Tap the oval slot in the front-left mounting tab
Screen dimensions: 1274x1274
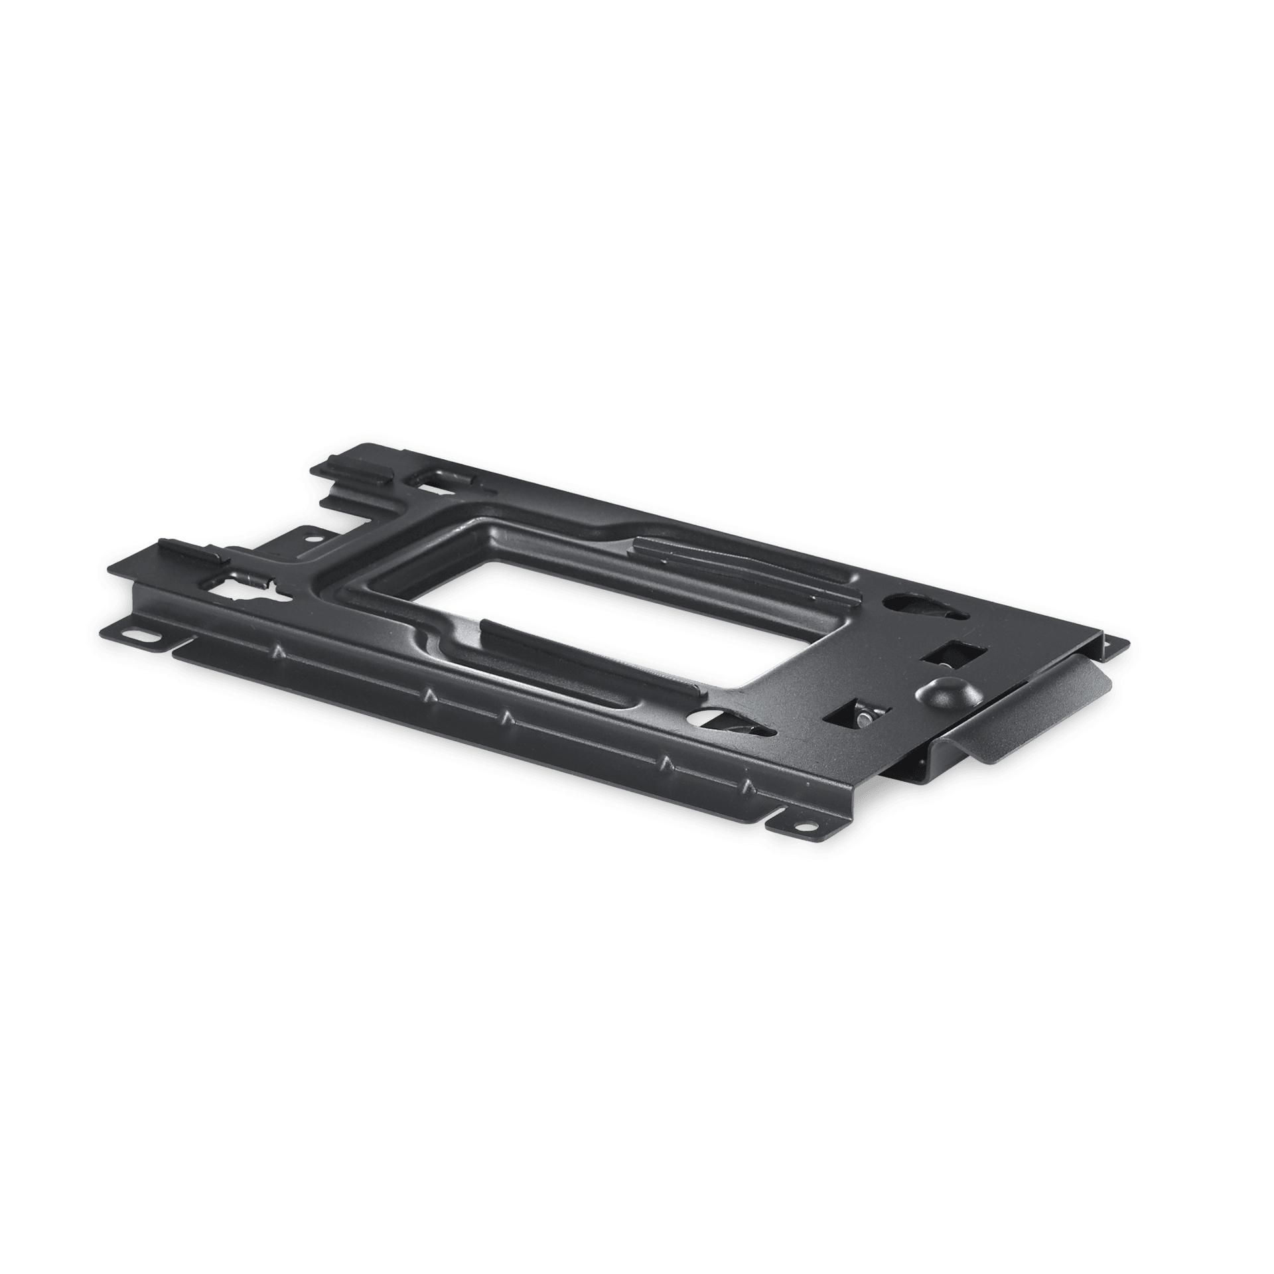coord(143,641)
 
